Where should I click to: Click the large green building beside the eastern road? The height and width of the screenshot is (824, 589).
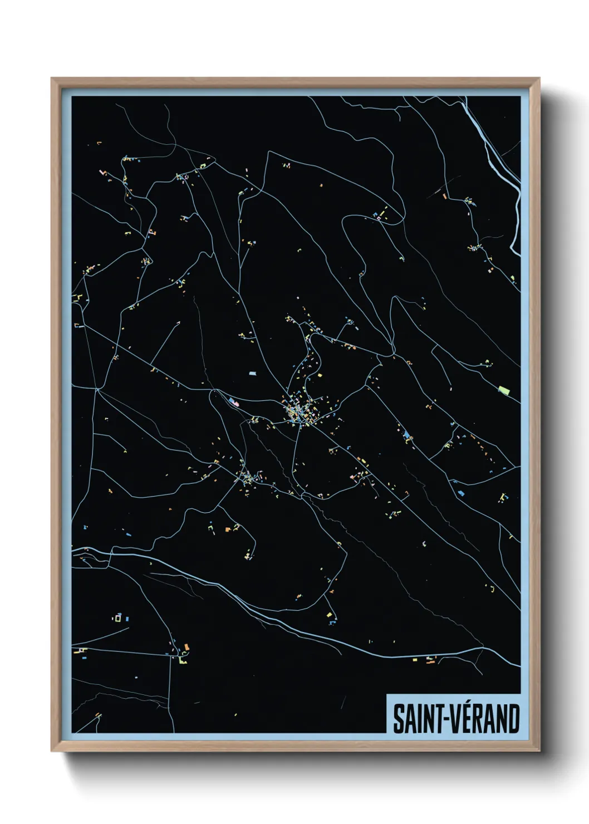tap(504, 390)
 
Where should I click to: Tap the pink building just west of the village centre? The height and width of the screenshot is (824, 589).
tap(234, 402)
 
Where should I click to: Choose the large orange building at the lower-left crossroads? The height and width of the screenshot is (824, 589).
tap(186, 646)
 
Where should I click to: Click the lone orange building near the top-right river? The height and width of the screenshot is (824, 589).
tap(444, 195)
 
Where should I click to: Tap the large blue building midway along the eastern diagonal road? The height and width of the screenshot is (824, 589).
tap(406, 435)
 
